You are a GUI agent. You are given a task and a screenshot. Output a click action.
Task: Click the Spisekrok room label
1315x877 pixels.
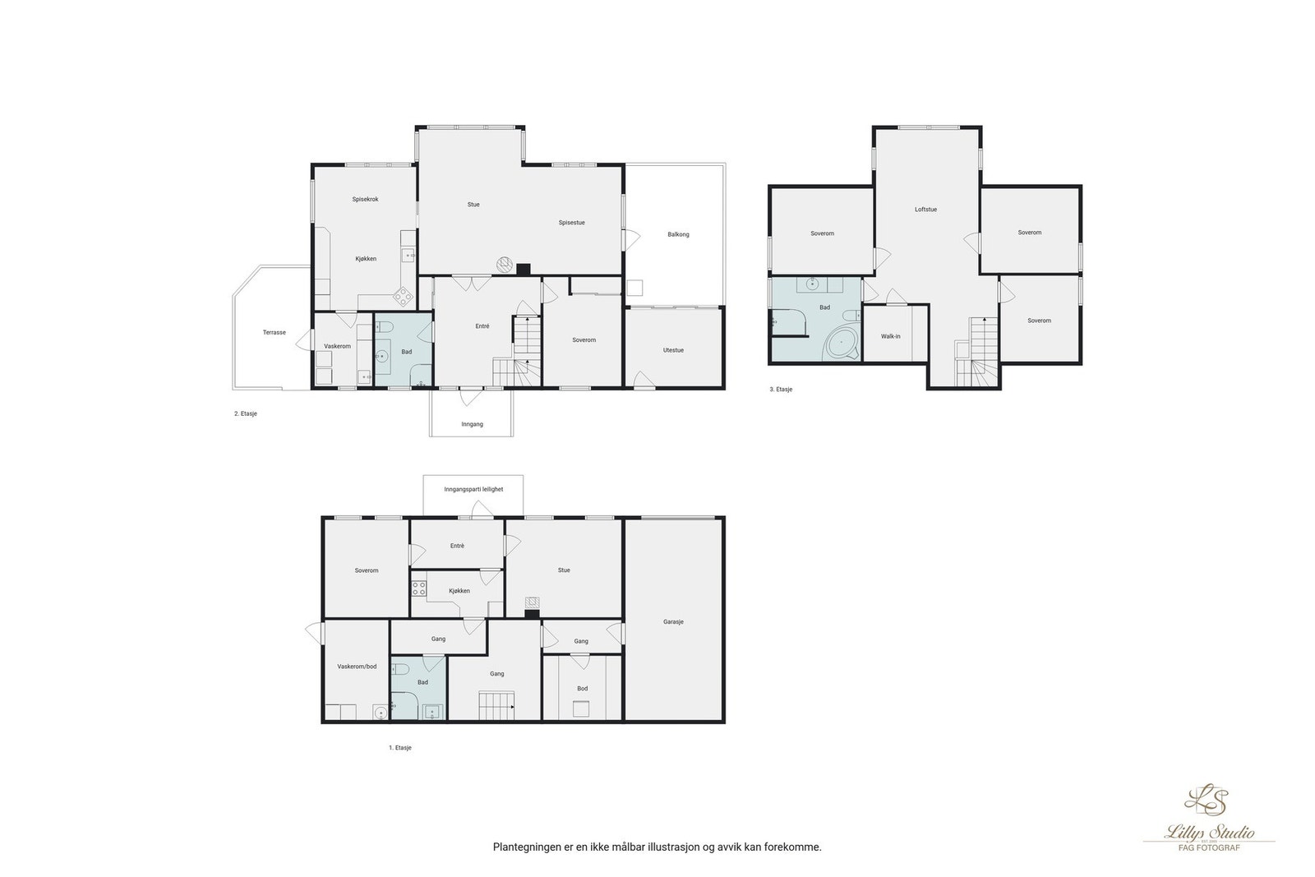click(x=365, y=200)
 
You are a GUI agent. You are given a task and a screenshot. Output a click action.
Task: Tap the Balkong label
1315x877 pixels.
click(x=678, y=235)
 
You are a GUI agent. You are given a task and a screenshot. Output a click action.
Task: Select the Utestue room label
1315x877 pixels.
click(x=673, y=350)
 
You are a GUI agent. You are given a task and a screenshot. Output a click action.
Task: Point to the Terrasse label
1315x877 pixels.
click(x=275, y=333)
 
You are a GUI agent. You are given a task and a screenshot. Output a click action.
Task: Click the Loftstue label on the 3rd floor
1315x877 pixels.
click(x=925, y=210)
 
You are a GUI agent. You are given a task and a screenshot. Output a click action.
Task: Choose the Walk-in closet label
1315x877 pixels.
click(x=891, y=337)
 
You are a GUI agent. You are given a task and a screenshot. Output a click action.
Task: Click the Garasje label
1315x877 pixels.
click(x=673, y=622)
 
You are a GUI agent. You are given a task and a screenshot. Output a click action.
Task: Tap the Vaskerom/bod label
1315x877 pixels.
click(x=357, y=667)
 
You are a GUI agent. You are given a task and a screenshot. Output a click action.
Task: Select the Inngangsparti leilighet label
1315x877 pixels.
click(x=473, y=490)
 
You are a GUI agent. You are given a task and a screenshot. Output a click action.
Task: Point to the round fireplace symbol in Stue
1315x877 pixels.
click(x=505, y=265)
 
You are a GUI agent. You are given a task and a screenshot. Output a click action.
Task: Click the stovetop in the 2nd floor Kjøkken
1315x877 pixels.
click(x=404, y=297)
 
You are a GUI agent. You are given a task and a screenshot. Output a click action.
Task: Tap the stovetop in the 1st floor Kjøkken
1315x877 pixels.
click(x=418, y=589)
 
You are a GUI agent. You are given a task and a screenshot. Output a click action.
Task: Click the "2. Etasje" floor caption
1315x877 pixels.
click(x=246, y=414)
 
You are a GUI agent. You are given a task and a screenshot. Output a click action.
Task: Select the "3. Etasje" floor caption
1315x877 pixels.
click(x=781, y=390)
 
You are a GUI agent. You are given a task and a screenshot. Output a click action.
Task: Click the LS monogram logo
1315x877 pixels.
click(x=1206, y=800)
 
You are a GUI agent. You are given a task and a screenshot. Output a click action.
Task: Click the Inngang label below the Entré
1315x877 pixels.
click(x=472, y=424)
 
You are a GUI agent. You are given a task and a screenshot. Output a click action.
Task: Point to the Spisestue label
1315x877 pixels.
click(x=572, y=223)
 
